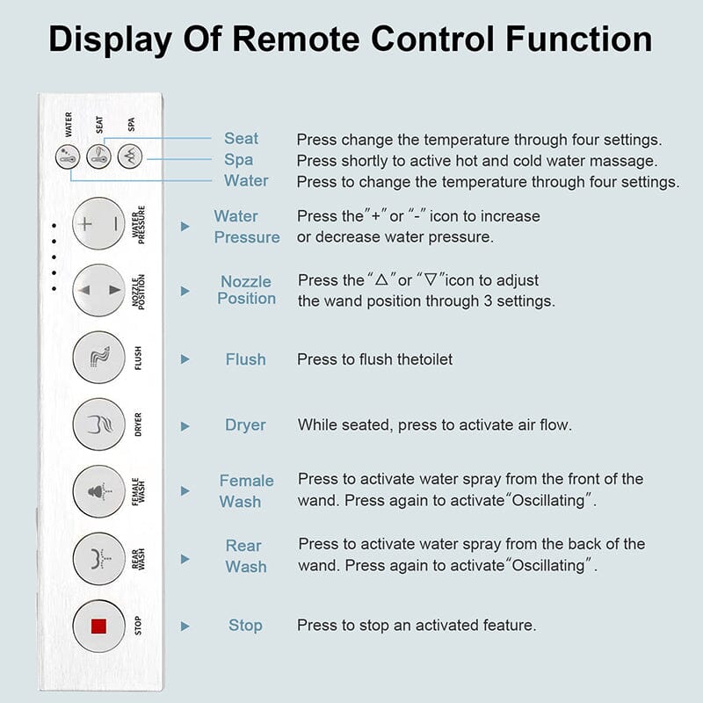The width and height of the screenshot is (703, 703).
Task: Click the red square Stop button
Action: pyautogui.click(x=98, y=626)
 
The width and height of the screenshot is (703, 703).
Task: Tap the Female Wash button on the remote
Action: pyautogui.click(x=98, y=490)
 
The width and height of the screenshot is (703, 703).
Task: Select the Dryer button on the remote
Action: pyautogui.click(x=98, y=425)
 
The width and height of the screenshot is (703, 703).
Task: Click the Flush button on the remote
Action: pyautogui.click(x=98, y=359)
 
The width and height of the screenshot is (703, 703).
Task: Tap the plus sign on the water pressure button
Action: pyautogui.click(x=85, y=223)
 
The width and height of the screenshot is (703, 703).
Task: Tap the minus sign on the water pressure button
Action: pyautogui.click(x=114, y=223)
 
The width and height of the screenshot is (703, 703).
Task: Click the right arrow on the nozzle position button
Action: pyautogui.click(x=114, y=290)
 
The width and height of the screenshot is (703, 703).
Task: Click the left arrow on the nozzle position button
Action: pyautogui.click(x=84, y=290)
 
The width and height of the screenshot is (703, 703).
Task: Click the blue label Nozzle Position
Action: pyautogui.click(x=246, y=290)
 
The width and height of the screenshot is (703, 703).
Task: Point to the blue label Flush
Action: pyautogui.click(x=245, y=359)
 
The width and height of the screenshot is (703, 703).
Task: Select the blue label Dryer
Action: pyautogui.click(x=245, y=425)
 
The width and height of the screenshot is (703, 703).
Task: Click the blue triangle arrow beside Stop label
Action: pyautogui.click(x=185, y=627)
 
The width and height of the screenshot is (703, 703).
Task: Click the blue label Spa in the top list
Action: pyautogui.click(x=238, y=160)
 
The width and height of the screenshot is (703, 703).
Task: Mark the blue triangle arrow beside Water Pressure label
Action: pyautogui.click(x=185, y=227)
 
